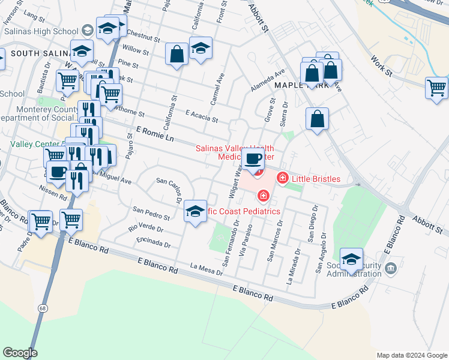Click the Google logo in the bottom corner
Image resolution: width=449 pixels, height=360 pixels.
pyautogui.click(x=20, y=353)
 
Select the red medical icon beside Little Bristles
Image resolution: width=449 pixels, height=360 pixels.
pyautogui.click(x=282, y=178)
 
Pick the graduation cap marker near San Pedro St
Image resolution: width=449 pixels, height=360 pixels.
pyautogui.click(x=195, y=211)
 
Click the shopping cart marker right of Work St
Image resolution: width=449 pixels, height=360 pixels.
pyautogui.click(x=436, y=88)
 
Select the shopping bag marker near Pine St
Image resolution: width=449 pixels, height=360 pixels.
pyautogui.click(x=177, y=55)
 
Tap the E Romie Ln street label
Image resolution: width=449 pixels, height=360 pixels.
pyautogui.click(x=155, y=134)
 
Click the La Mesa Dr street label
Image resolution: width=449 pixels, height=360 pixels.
pyautogui.click(x=206, y=269)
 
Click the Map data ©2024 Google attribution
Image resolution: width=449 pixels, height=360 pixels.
pyautogui.click(x=411, y=355)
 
